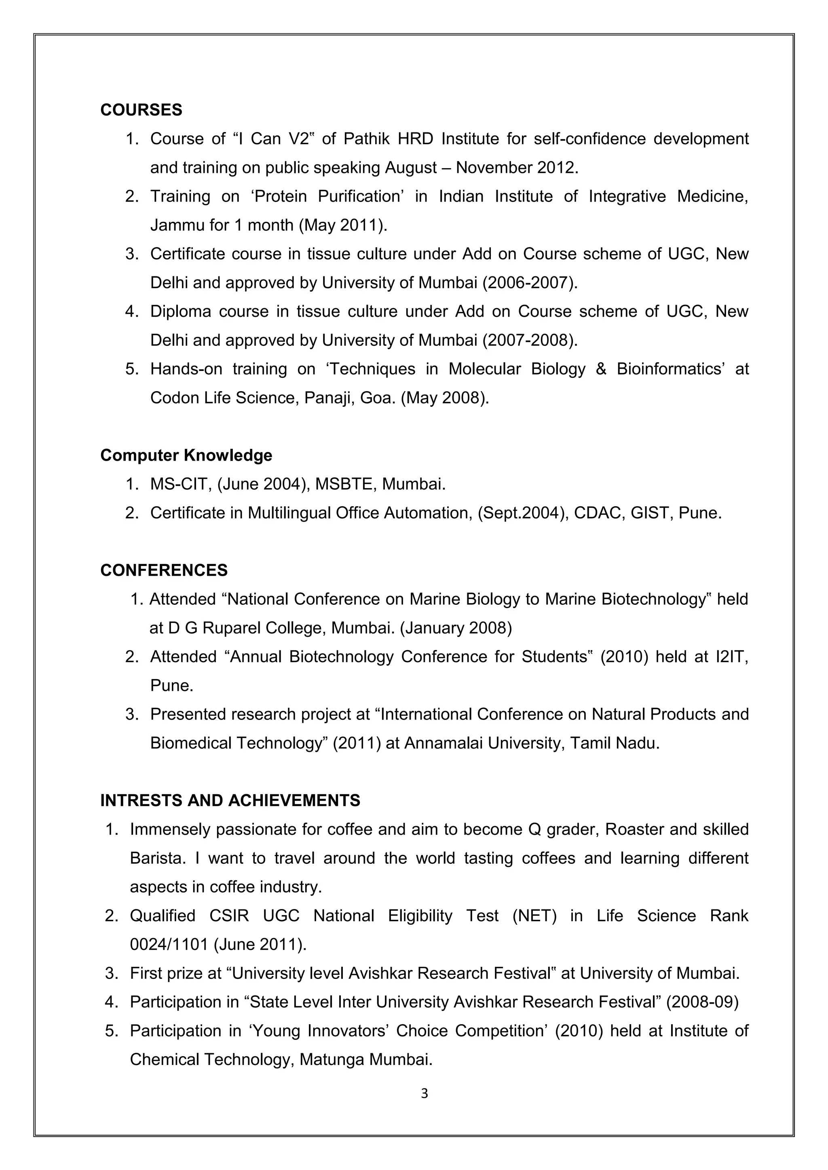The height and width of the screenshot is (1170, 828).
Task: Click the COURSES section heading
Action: point(141,110)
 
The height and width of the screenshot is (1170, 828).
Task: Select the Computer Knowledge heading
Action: point(186,455)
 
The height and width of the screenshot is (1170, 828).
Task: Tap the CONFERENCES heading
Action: point(164,570)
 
